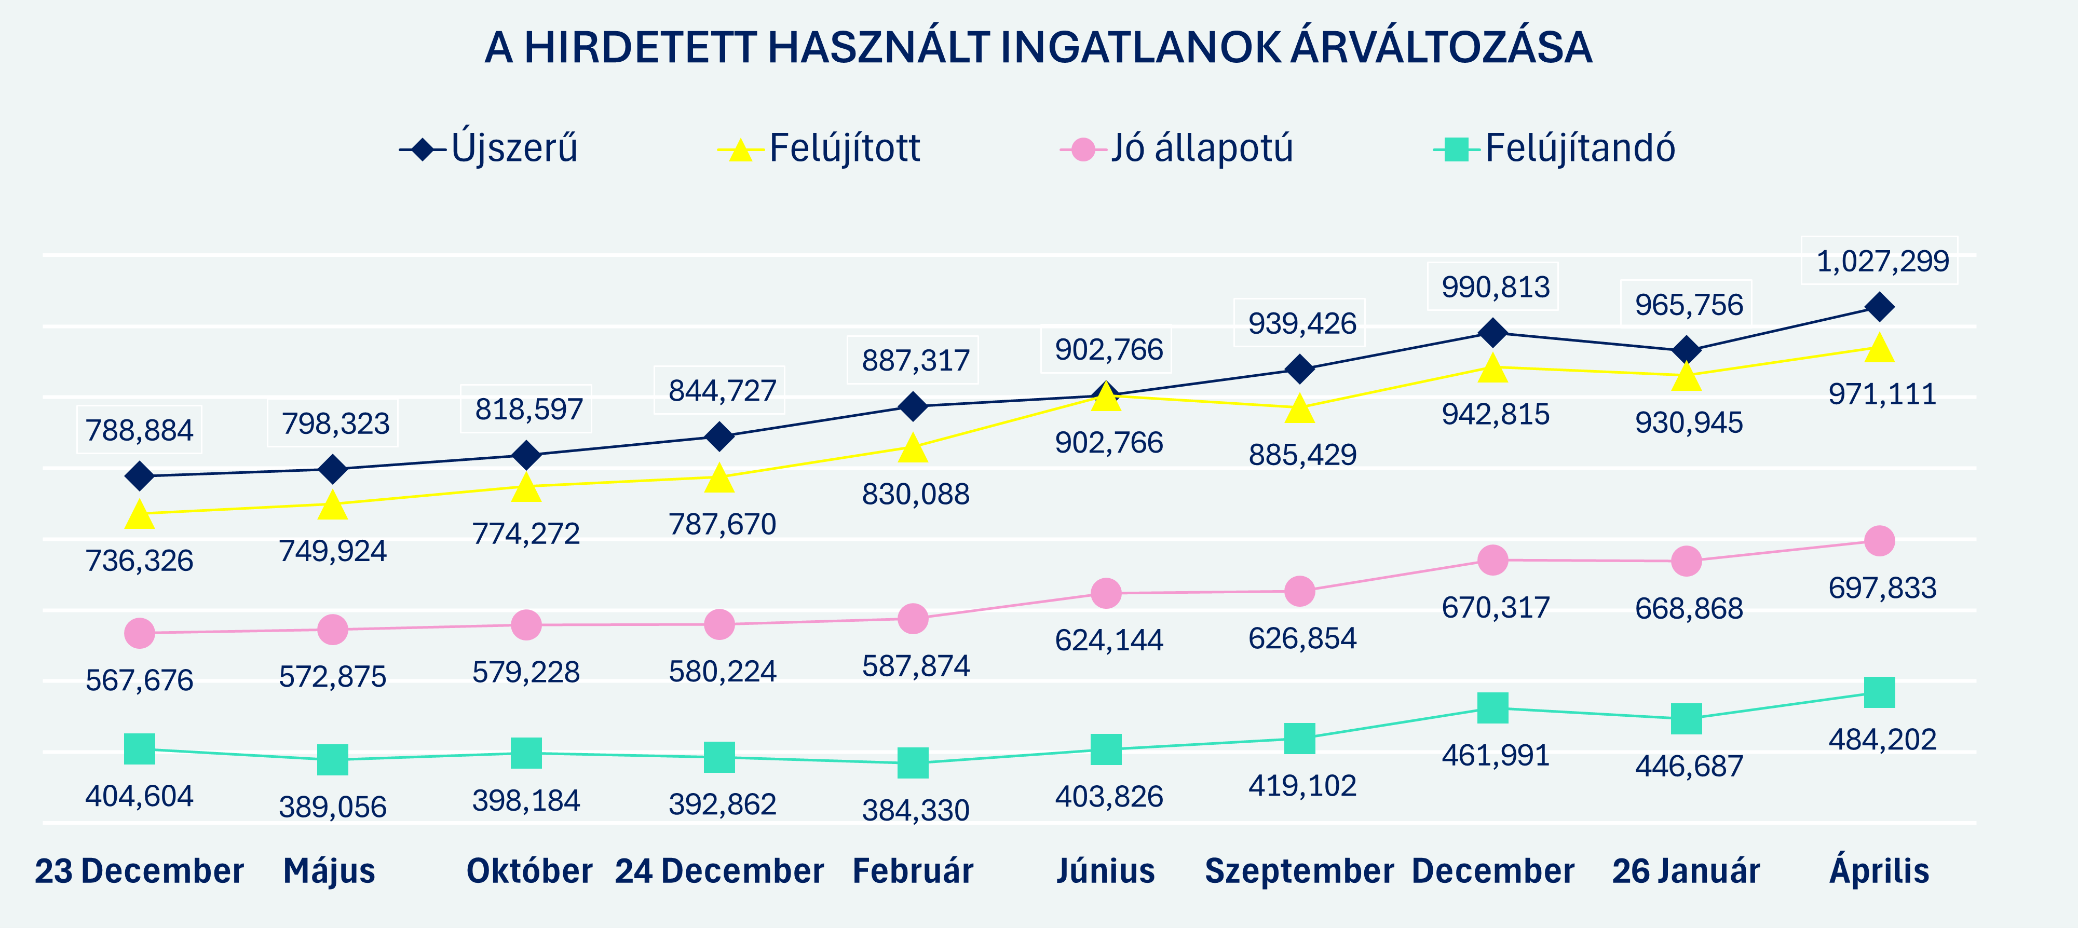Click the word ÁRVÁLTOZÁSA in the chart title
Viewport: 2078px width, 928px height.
point(1441,48)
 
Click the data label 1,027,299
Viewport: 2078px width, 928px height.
point(1882,261)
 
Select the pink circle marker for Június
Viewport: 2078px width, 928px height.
point(1106,593)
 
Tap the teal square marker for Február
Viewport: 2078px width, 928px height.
point(913,763)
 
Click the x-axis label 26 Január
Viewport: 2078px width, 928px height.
point(1686,871)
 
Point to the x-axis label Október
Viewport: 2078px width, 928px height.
point(529,871)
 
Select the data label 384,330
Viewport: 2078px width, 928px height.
point(916,810)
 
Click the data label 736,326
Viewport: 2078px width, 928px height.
point(140,561)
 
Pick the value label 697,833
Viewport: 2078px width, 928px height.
point(1882,588)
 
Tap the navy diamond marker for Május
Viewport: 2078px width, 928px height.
point(332,469)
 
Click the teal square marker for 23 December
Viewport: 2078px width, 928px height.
point(140,749)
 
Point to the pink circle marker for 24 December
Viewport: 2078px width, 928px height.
point(719,624)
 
